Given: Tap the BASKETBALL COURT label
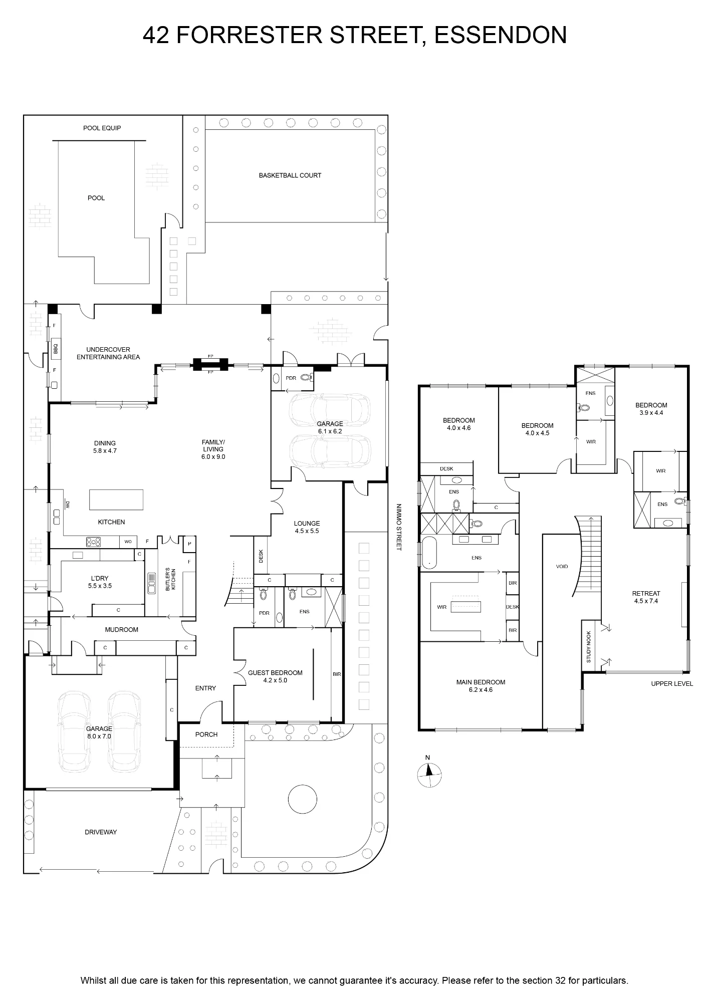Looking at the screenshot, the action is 290,175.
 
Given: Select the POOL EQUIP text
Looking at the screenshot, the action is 102,128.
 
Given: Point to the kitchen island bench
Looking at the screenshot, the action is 116,499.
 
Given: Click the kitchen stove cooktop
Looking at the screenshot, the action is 94,542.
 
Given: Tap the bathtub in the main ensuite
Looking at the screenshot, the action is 429,553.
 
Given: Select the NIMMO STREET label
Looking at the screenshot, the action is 399,527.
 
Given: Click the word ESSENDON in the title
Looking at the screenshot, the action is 501,35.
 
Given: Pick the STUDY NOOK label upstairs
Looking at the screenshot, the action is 589,647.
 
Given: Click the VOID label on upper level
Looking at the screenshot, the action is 562,567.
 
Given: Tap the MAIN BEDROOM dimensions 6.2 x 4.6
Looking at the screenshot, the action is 481,690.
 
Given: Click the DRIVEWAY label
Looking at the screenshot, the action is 101,832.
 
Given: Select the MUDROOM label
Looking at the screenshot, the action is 122,630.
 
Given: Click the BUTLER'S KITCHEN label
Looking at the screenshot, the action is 171,579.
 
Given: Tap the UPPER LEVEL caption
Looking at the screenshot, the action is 672,684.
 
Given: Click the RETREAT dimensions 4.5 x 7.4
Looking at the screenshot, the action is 646,601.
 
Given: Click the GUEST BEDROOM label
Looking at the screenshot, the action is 275,673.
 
